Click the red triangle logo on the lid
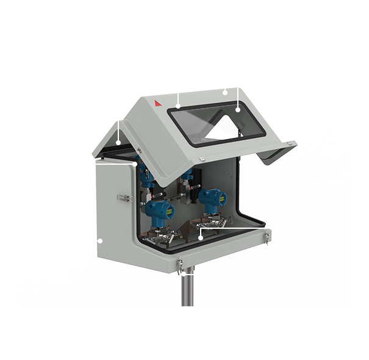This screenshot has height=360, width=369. pyautogui.click(x=157, y=104)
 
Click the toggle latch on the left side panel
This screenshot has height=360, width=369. pyautogui.click(x=124, y=198)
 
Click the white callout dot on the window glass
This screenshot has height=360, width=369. pyautogui.click(x=238, y=110)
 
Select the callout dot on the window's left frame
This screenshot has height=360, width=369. pyautogui.click(x=177, y=107)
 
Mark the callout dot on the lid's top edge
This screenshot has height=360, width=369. pyautogui.click(x=224, y=93)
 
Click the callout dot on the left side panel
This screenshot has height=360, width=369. pyautogui.click(x=100, y=240)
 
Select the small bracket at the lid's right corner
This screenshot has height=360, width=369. pyautogui.click(x=292, y=144)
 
